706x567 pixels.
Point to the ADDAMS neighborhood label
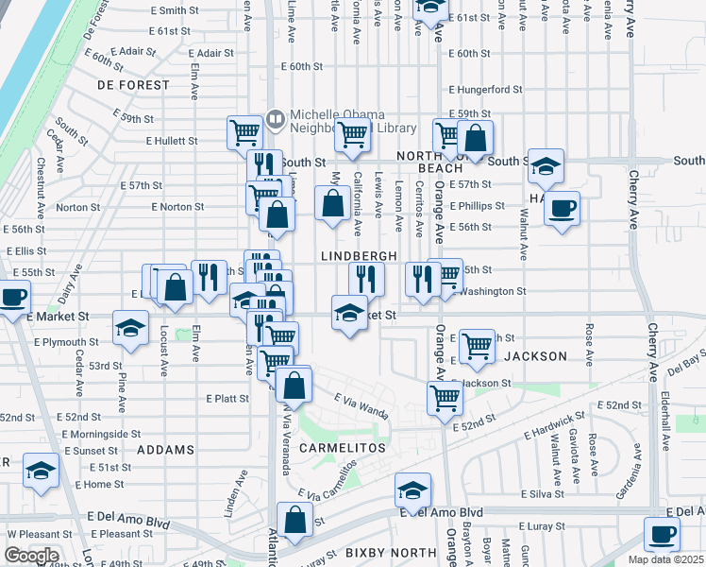tap(165, 450)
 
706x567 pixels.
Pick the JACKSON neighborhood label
tap(535, 356)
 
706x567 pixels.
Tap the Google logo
tap(31, 556)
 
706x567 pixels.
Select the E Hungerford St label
tap(485, 89)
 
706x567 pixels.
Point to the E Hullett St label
tap(171, 141)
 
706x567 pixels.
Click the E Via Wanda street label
tap(360, 406)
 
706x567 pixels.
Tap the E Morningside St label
tap(105, 434)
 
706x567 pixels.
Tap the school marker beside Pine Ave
tap(131, 329)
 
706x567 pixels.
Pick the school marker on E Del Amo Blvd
tap(412, 490)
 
